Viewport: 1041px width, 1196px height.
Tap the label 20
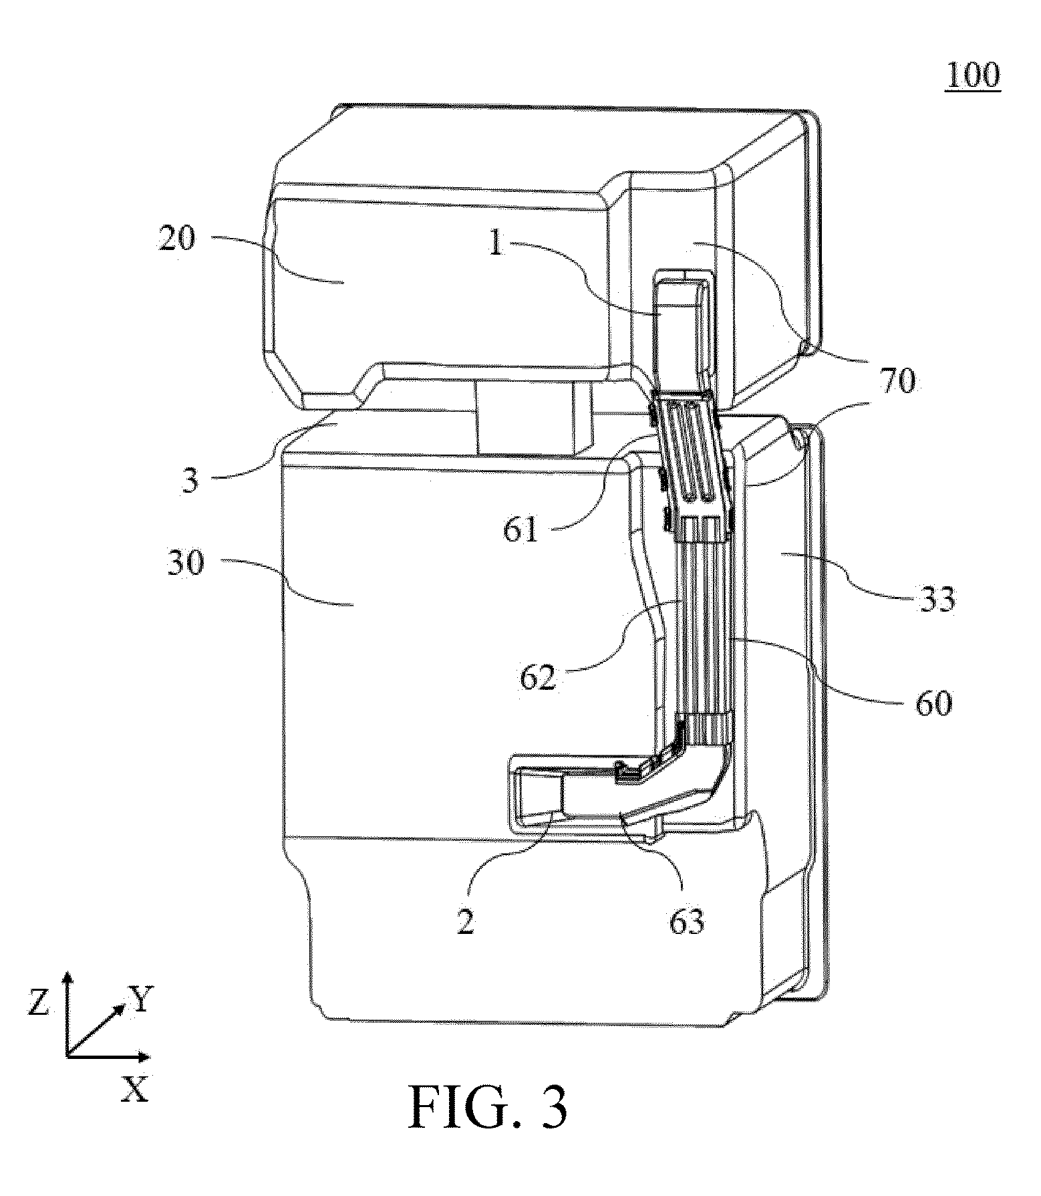point(178,238)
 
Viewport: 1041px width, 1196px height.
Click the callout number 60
point(933,704)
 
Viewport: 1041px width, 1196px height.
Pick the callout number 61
point(521,530)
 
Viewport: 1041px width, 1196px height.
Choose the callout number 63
point(687,922)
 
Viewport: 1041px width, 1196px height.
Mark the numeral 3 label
point(191,481)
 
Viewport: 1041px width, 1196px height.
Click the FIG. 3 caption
point(488,1108)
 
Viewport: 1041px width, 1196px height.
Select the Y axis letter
point(142,999)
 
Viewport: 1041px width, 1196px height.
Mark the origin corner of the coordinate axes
point(67,1057)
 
